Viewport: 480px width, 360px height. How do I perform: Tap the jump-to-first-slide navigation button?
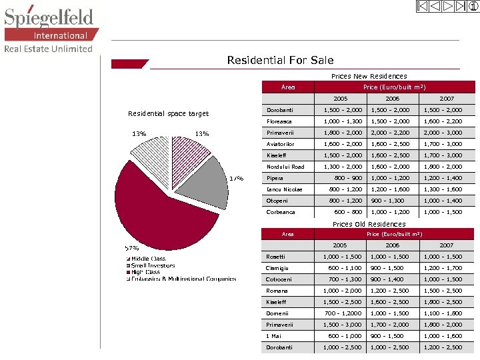422,7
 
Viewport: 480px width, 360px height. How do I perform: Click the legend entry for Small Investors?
153,265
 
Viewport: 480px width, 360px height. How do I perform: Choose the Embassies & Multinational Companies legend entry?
183,279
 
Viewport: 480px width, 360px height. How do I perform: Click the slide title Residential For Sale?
280,60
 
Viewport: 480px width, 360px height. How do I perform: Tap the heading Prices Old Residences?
369,224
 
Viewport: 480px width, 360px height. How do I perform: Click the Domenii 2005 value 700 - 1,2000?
343,313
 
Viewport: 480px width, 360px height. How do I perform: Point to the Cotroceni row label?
279,279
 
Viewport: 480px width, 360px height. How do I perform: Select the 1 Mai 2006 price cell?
387,336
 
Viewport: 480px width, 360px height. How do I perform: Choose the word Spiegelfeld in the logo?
49,16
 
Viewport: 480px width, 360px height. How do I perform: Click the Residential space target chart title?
168,113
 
